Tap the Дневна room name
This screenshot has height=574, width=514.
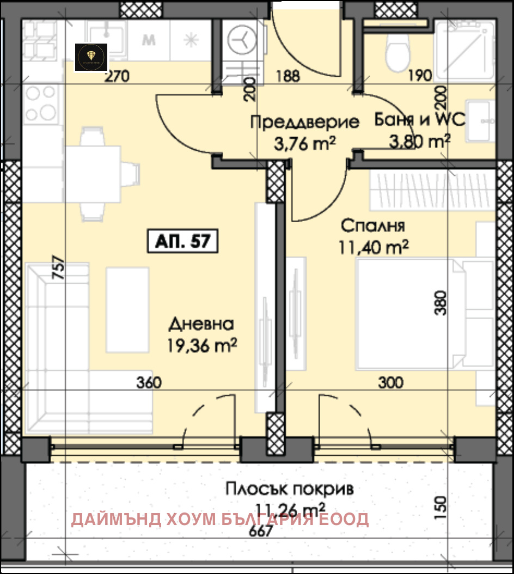[x=201, y=325]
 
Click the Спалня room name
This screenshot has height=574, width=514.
[x=373, y=225]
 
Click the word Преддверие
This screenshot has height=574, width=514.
[x=305, y=122]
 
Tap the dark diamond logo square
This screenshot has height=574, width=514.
[x=91, y=57]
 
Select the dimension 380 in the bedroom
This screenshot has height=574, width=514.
[x=442, y=303]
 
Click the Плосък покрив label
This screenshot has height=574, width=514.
[x=290, y=488]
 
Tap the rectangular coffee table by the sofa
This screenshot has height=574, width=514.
[x=127, y=309]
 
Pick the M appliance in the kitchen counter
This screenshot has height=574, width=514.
[x=149, y=40]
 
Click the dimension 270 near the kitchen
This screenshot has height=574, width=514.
[x=117, y=76]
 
